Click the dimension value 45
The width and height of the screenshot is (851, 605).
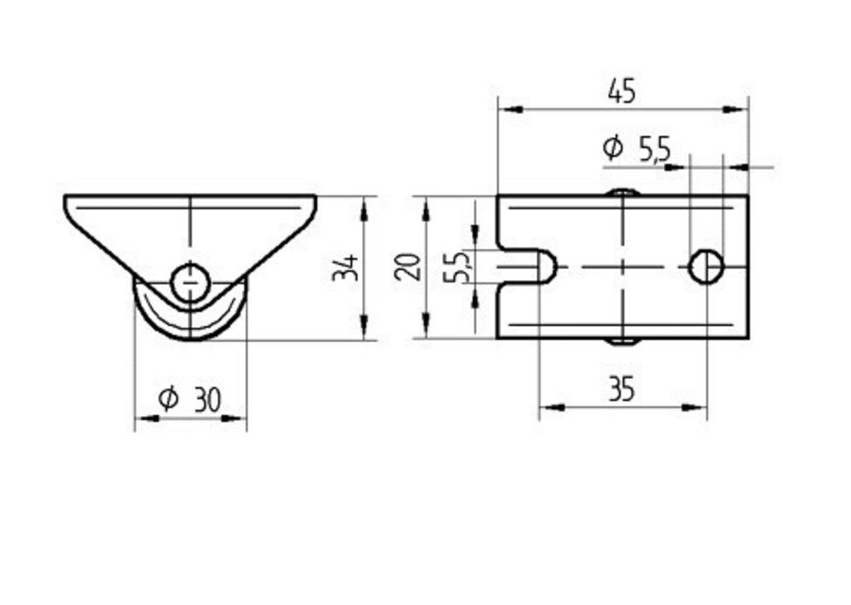point(622,91)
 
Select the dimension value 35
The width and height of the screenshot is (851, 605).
point(622,390)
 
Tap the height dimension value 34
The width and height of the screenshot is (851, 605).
point(346,268)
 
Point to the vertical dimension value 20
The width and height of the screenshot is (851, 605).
point(408,266)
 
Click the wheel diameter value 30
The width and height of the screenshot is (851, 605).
point(207,399)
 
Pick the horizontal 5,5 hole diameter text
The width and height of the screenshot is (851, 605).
point(654,150)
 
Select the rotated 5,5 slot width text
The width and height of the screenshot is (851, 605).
point(461,267)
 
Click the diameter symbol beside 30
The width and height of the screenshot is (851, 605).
point(168,398)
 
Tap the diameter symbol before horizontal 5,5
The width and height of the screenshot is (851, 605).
point(612,148)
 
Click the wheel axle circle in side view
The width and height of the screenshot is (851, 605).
point(190,278)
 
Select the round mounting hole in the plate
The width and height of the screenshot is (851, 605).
point(706,267)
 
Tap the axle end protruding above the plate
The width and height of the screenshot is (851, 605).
point(624,191)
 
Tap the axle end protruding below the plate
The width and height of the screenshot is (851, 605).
point(624,342)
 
